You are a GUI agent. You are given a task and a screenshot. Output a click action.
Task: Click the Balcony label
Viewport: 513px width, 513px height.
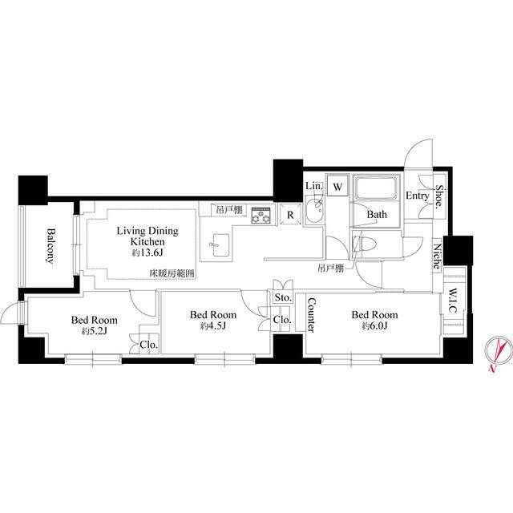pos(50,246)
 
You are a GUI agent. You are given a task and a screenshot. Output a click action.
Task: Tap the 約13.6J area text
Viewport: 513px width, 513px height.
pos(147,253)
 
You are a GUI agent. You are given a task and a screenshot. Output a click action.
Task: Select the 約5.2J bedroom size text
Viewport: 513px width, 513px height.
pos(95,331)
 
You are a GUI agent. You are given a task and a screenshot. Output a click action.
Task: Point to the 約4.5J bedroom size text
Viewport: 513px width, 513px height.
pos(213,326)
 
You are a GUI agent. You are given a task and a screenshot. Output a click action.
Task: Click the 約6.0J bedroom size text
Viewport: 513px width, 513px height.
pos(374,326)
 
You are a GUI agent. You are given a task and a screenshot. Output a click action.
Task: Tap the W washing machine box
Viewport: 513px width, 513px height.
pos(337,187)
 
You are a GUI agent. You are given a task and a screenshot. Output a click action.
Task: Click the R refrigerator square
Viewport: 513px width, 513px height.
pos(290,215)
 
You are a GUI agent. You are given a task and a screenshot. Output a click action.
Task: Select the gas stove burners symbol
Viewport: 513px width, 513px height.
pos(261,216)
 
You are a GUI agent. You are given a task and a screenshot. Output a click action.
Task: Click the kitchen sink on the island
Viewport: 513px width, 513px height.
pos(220,245)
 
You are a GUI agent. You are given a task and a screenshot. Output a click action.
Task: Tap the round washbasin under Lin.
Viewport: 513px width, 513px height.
pos(314,208)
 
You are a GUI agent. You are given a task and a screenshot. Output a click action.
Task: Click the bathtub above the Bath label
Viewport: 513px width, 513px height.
pos(376,188)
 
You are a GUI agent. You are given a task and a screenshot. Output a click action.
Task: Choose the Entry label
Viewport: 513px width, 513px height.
pos(417,196)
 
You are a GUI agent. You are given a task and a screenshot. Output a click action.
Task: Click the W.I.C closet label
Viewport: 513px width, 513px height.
pos(453,300)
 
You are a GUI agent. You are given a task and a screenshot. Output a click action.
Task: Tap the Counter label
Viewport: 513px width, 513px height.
pos(311,315)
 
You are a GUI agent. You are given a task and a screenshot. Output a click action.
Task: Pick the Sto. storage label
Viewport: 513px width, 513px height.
pos(283,297)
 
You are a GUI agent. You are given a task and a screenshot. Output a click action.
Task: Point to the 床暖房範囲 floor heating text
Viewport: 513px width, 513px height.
pos(172,273)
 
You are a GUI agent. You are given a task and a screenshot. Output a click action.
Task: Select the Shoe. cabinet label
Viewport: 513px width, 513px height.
pos(439,196)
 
